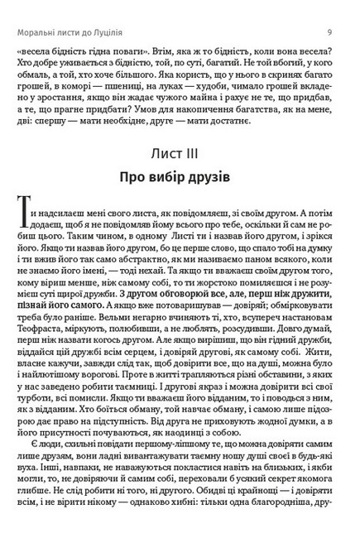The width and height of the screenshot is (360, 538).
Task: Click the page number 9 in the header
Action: [x=329, y=10]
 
